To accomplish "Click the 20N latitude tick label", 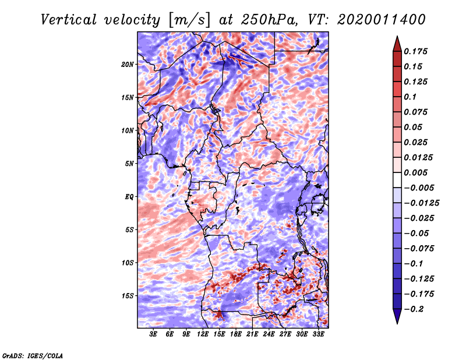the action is pos(128,65).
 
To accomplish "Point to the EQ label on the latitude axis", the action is pos(129,197).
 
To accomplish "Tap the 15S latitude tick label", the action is pos(128,296).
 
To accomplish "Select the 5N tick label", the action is pos(129,164).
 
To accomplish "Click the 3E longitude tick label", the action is pos(153,334).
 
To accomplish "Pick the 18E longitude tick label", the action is pos(236,334).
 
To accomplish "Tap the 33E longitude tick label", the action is pos(318,334).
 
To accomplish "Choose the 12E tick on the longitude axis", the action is pos(203,334).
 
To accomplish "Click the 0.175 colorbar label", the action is pos(415,51).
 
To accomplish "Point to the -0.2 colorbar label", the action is pos(414,309).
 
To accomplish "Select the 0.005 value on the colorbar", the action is pos(415,172).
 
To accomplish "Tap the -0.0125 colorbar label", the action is pos(421,203).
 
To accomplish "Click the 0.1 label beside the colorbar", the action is pos(410,97).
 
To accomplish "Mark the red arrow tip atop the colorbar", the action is pos(397,36).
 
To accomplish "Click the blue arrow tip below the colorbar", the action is pos(397,323).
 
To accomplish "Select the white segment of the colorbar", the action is pos(397,180).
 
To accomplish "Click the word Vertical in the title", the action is pos(69,20).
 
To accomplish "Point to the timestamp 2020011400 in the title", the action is pos(382,20).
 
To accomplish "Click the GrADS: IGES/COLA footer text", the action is pos(33,356).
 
